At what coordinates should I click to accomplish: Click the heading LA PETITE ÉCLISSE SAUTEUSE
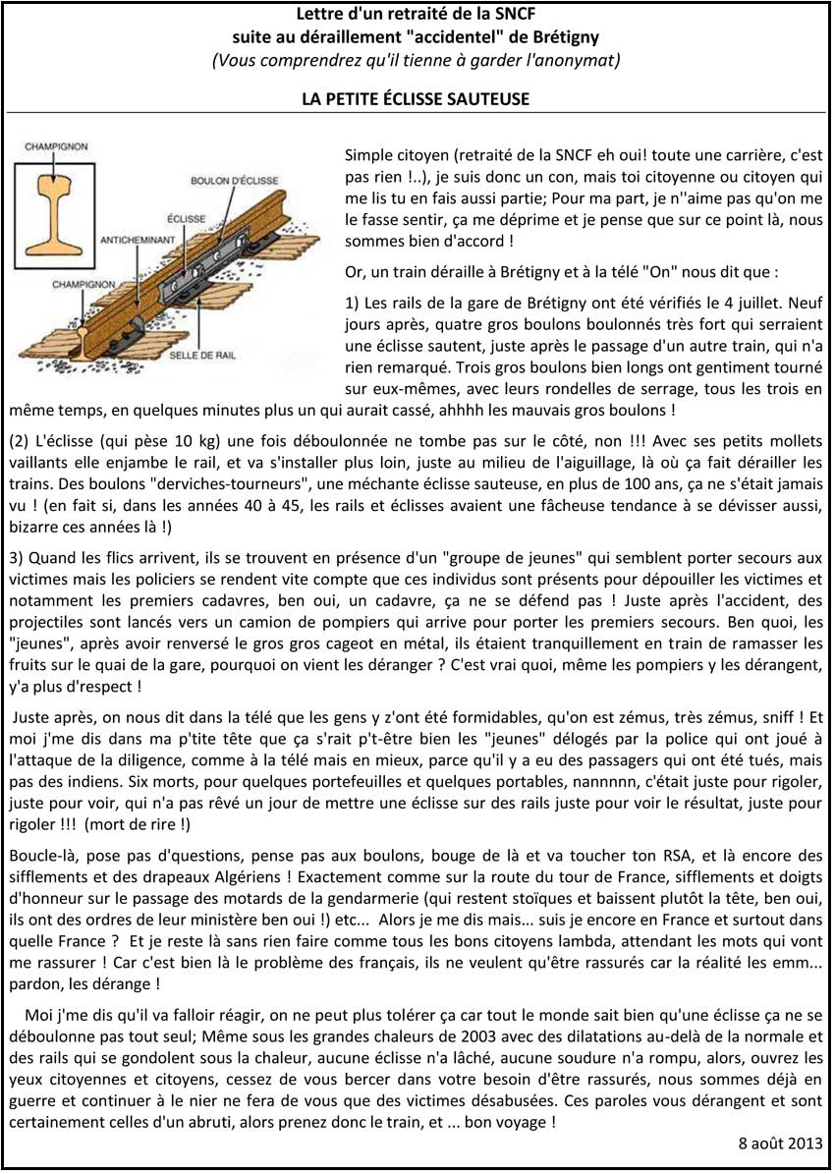(417, 99)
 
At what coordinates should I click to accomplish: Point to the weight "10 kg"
(182, 441)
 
